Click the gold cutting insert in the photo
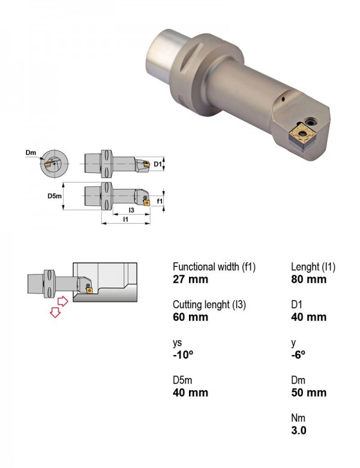[x=304, y=134]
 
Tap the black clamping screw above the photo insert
[x=311, y=121]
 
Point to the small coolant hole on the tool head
[x=283, y=99]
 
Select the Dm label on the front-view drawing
[x=31, y=152]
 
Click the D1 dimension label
[x=158, y=164]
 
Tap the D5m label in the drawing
[x=55, y=196]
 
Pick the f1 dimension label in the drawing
[x=160, y=201]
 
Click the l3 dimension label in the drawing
[x=131, y=210]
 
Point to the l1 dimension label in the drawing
[x=125, y=219]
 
